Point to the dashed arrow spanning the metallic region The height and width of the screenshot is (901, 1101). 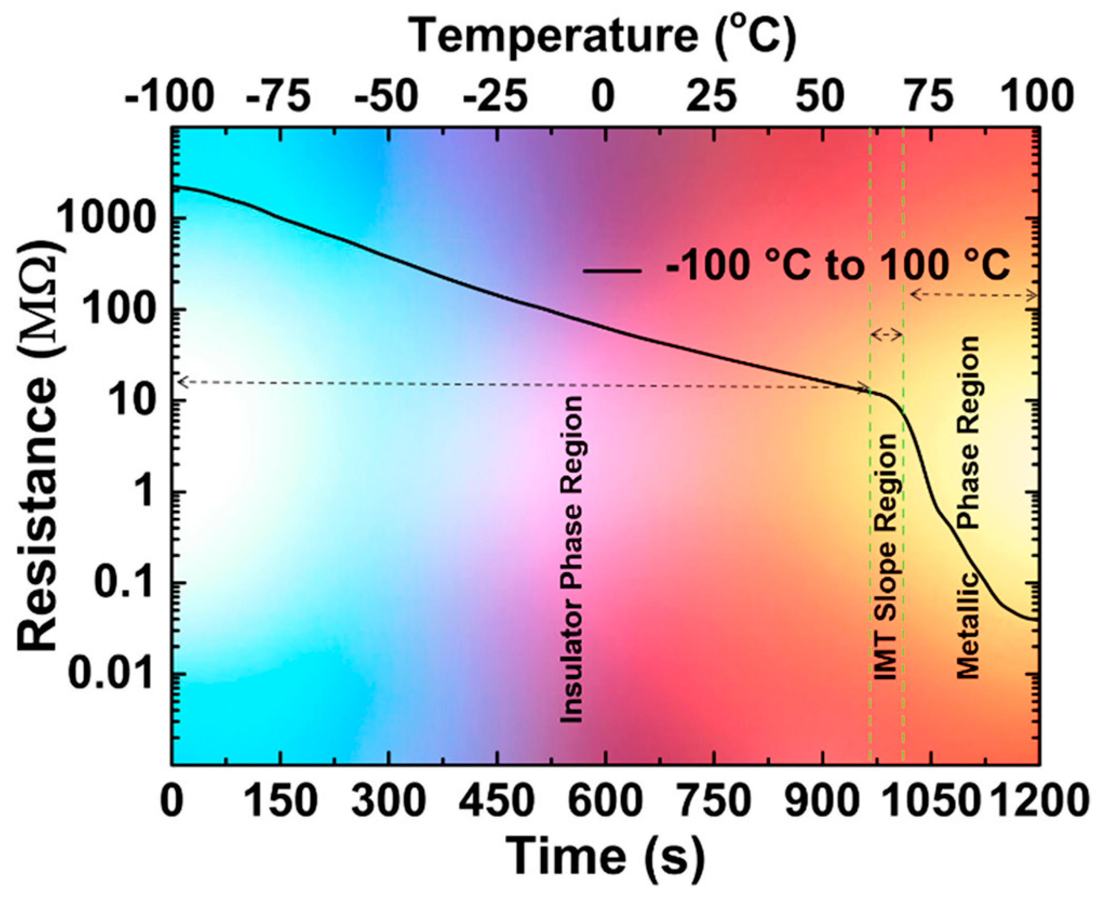(974, 295)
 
